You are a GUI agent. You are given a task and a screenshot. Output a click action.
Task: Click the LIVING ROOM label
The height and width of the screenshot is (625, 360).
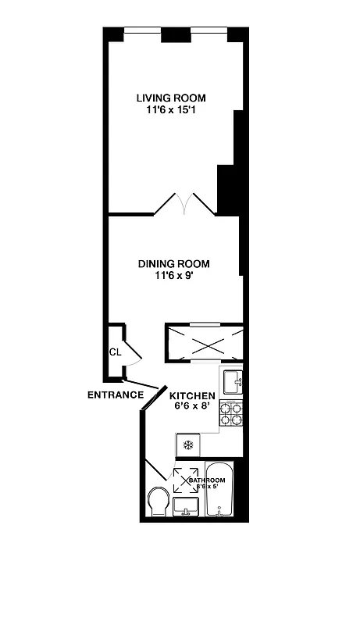(171, 98)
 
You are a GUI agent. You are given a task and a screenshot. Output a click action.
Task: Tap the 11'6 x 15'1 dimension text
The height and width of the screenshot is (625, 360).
(171, 110)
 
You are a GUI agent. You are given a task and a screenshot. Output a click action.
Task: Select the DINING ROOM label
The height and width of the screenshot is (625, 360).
(173, 264)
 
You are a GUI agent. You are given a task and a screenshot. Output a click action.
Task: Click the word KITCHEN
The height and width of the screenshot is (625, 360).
(193, 396)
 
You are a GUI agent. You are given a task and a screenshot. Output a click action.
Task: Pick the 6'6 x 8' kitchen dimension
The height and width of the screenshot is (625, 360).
(193, 407)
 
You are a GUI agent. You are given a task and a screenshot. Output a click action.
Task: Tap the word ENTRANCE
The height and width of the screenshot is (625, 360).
(115, 395)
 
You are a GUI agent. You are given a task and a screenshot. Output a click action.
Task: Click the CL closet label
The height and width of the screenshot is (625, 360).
(115, 352)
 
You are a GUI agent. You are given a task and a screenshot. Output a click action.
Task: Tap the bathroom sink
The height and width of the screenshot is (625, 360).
(187, 509)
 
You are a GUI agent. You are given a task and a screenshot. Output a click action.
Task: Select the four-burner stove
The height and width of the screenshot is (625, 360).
(230, 413)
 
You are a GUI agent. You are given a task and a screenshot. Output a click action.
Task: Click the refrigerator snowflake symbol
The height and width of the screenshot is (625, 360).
(187, 445)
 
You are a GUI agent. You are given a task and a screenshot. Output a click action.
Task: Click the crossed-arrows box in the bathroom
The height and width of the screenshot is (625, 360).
(185, 480)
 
